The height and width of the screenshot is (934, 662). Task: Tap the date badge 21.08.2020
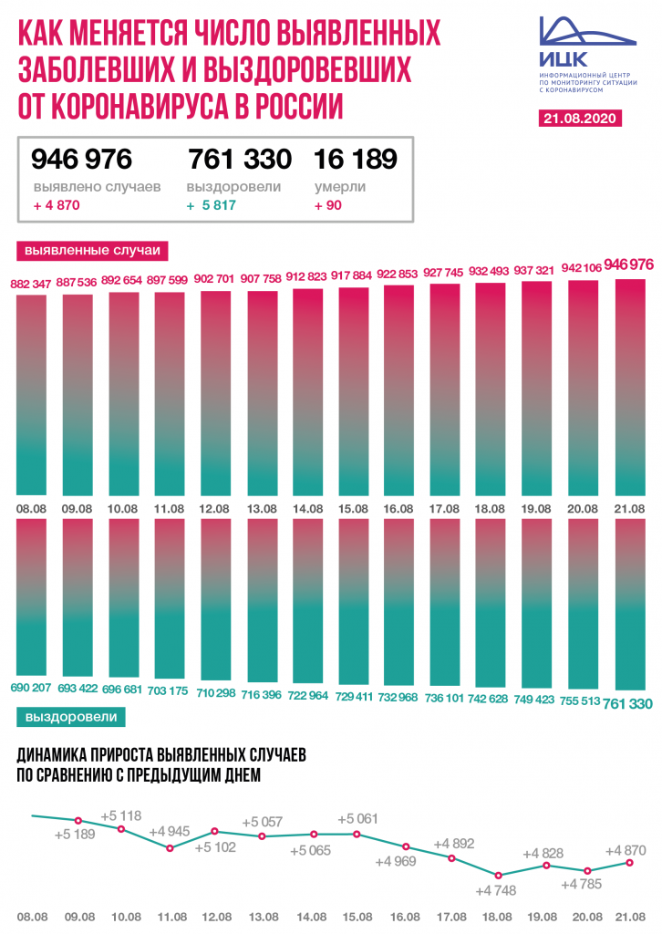point(579,119)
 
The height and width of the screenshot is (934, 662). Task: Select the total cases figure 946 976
point(82,160)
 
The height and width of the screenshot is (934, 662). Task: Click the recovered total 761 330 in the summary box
point(240,160)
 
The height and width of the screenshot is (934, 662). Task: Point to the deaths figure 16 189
point(356,160)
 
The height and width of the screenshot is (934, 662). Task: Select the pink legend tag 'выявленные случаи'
point(92,249)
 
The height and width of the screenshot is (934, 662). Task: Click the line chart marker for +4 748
point(498,875)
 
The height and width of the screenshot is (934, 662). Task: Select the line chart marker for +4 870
point(629,862)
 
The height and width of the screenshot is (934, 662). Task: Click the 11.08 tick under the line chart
point(171,917)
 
